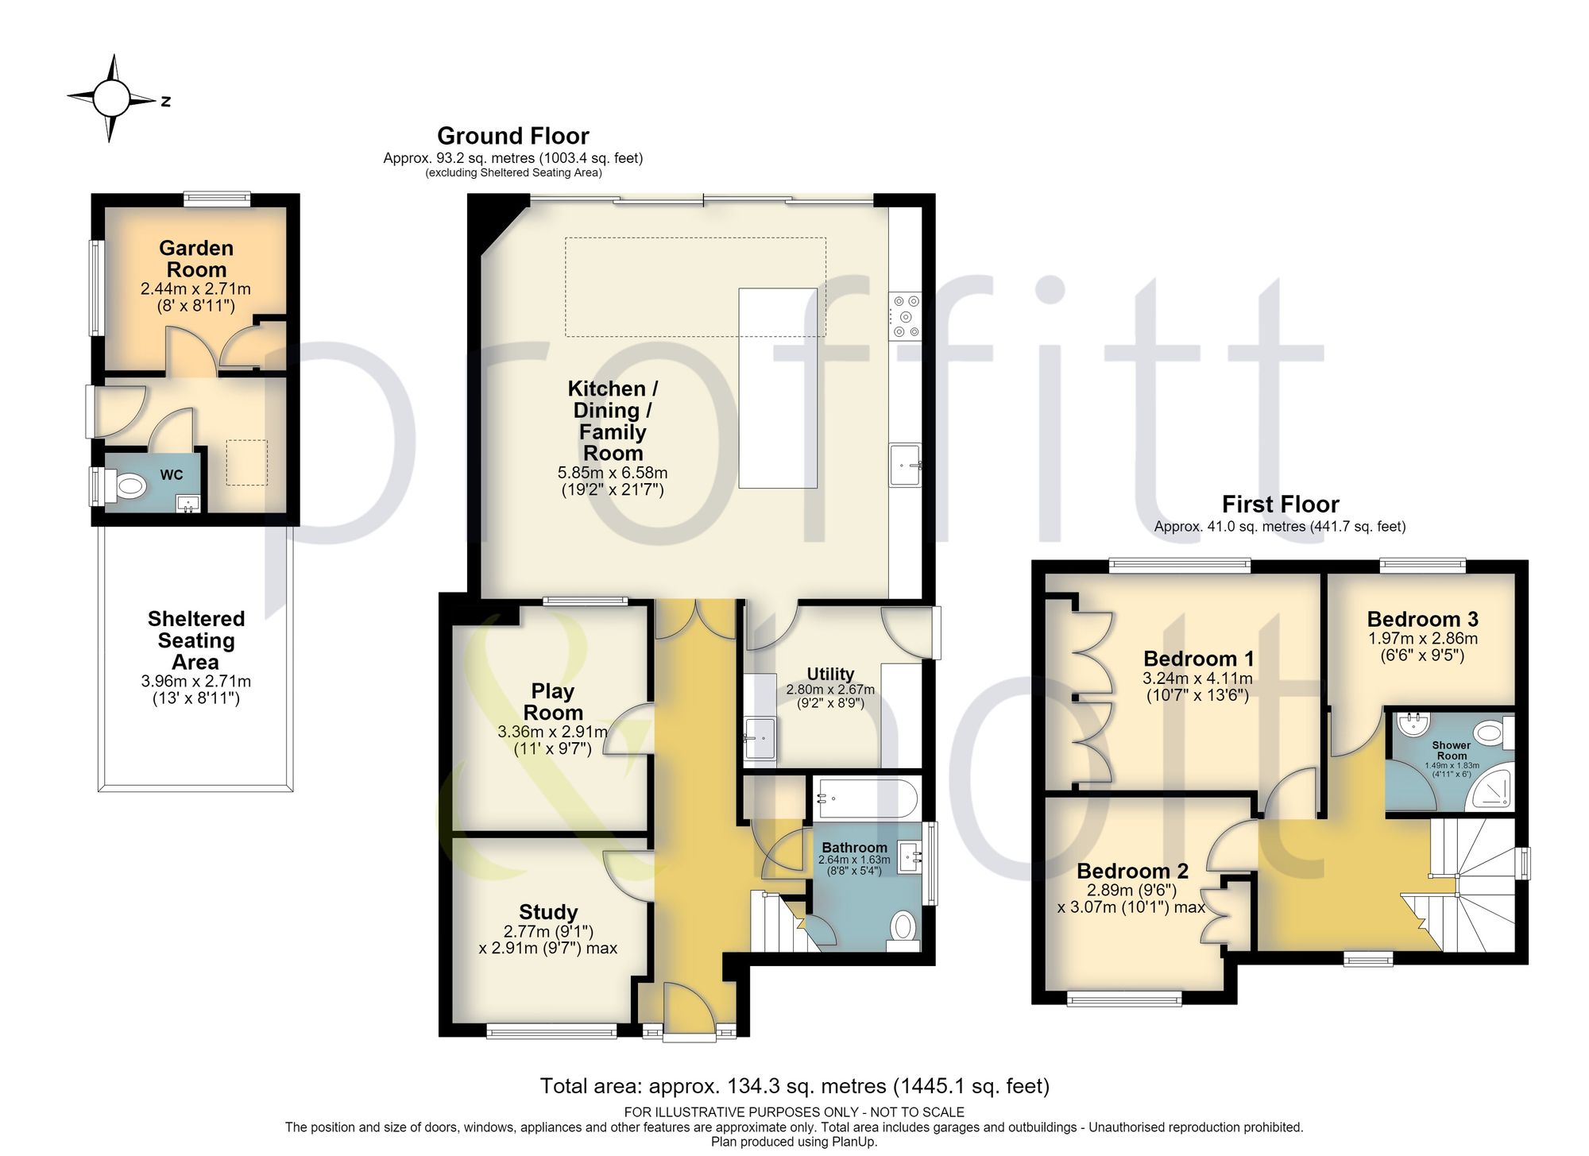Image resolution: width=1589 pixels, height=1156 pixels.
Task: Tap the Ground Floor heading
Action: tap(513, 136)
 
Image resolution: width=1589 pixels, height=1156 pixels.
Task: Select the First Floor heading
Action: tap(1280, 505)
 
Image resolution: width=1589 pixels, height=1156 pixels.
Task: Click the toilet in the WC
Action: tap(127, 485)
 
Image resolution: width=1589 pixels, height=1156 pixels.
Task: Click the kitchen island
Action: tap(778, 388)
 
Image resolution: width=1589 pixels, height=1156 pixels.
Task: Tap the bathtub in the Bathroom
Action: tap(866, 798)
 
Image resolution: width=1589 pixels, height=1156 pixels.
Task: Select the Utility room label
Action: tap(830, 674)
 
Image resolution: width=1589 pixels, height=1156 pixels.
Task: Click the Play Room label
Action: tap(553, 702)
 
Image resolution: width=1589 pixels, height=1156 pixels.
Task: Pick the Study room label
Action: tap(548, 912)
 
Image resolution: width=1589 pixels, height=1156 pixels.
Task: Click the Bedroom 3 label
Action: tap(1422, 619)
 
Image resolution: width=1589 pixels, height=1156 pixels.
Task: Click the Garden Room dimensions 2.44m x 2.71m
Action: tap(195, 289)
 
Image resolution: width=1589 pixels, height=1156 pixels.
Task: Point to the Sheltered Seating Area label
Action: tap(196, 640)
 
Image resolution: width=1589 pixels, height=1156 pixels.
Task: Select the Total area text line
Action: tap(794, 1086)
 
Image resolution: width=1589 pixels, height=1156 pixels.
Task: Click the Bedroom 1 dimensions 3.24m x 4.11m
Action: tap(1197, 679)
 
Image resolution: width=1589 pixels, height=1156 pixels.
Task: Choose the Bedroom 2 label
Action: tap(1132, 871)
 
